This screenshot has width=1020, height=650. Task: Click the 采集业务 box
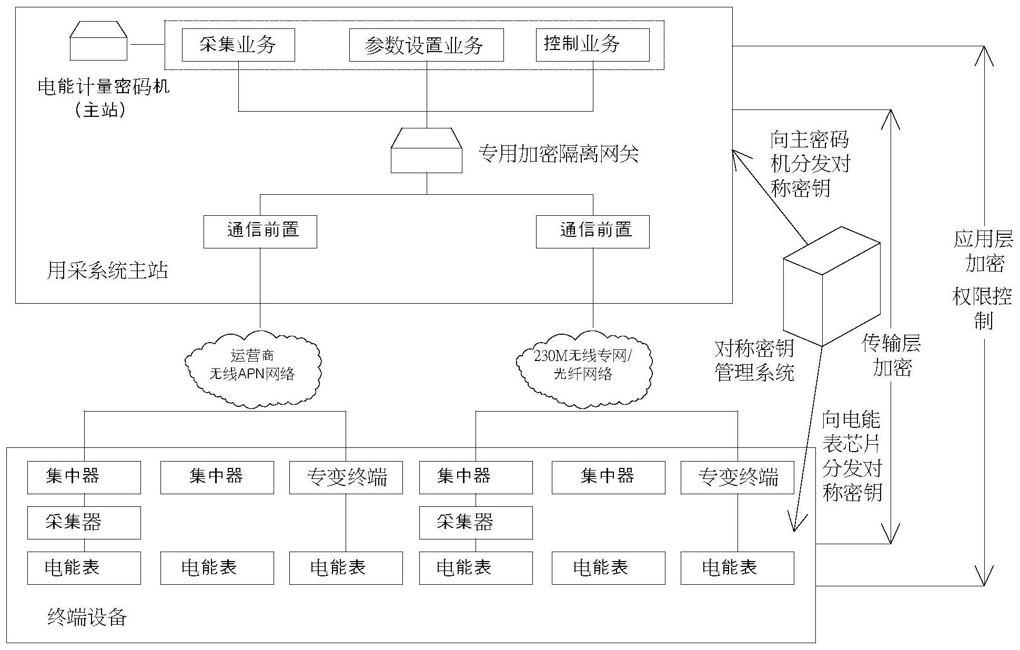[238, 45]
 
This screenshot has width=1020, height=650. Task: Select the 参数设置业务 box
[426, 45]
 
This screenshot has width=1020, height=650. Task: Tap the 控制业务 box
[592, 45]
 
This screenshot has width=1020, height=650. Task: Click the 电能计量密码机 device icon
[99, 42]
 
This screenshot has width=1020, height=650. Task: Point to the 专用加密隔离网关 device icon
[426, 151]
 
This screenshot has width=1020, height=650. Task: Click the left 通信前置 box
[260, 232]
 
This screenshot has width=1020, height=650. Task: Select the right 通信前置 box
[592, 232]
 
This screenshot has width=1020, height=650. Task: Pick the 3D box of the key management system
[831, 287]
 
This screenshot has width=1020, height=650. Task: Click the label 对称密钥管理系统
[754, 361]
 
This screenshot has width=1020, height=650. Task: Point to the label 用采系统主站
[107, 271]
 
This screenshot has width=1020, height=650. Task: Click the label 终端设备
[87, 617]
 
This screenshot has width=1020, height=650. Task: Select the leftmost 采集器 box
[84, 523]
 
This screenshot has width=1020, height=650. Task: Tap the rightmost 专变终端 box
[737, 478]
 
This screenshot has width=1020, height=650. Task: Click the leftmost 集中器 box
[84, 477]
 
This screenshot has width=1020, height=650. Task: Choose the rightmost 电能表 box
[737, 568]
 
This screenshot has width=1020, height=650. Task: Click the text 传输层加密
[891, 356]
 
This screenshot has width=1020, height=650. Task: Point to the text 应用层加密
[983, 251]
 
